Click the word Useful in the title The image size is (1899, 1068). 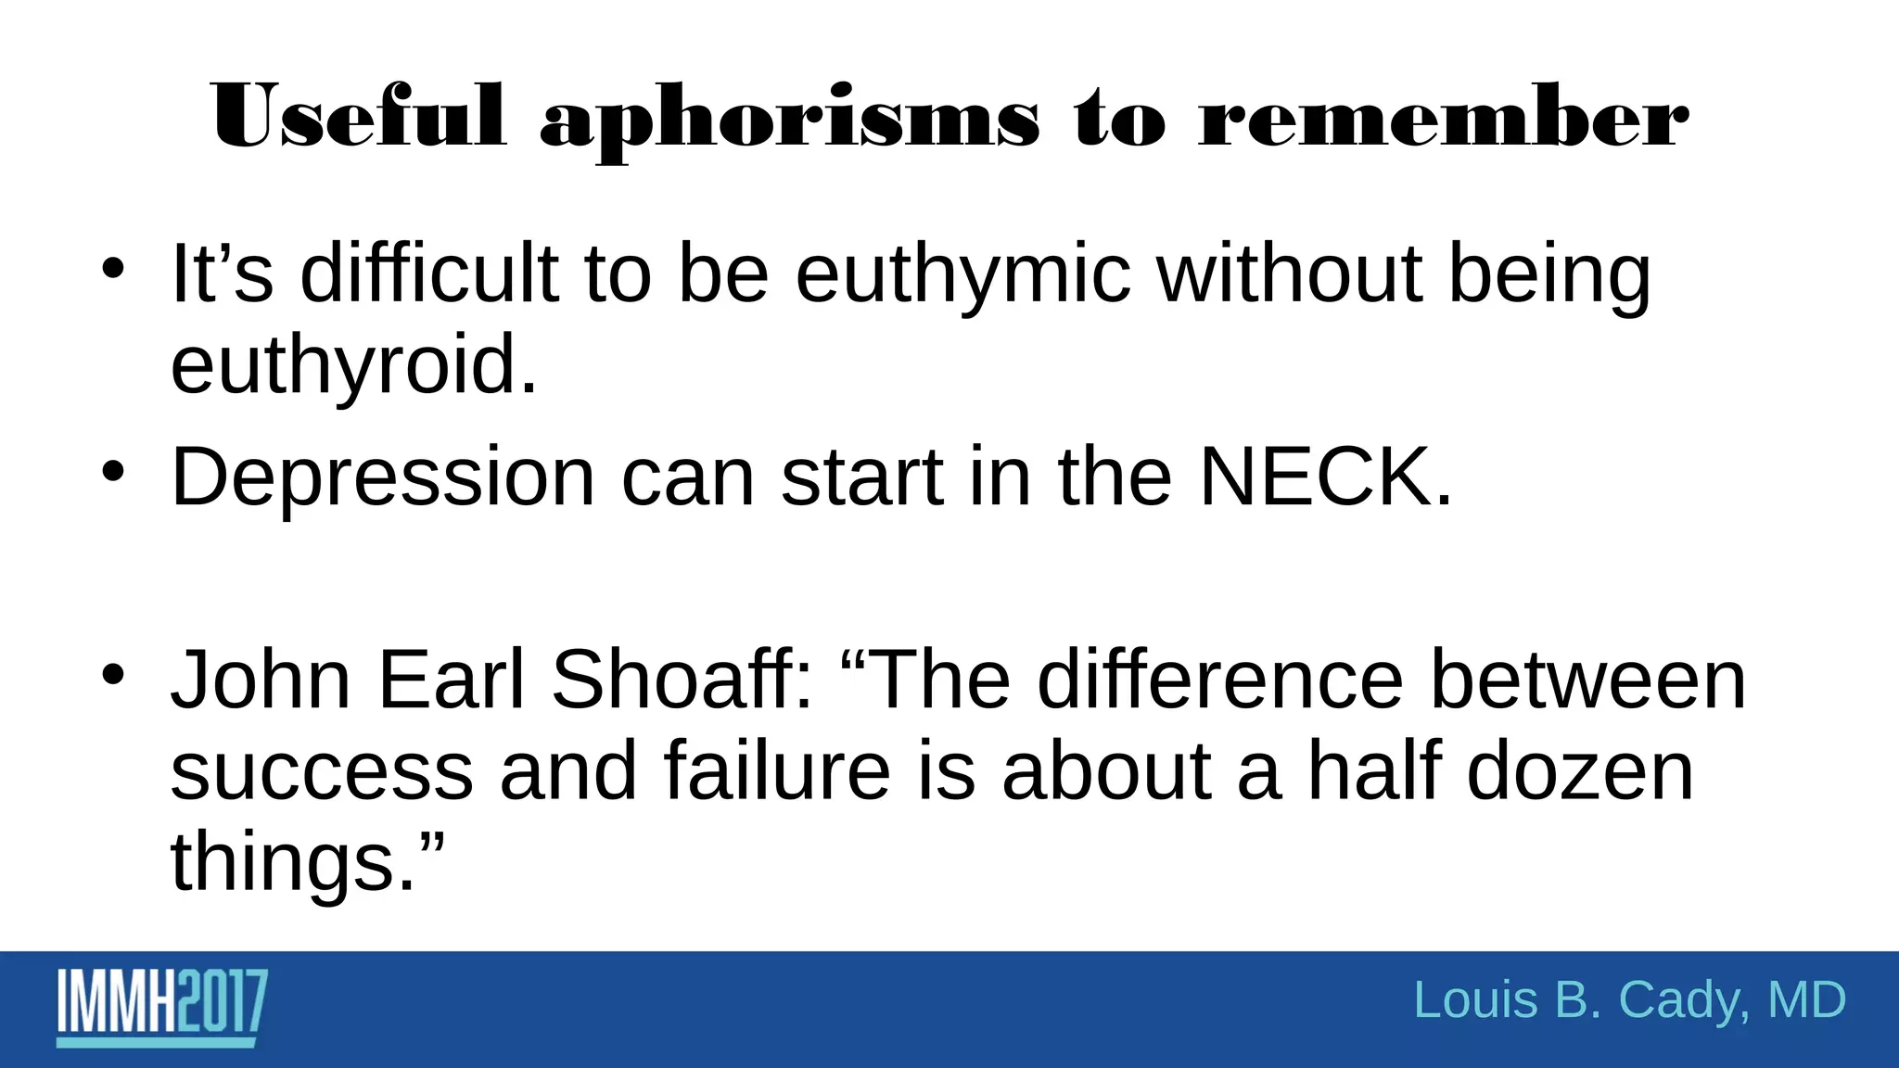point(358,118)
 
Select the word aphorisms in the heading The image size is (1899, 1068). point(789,121)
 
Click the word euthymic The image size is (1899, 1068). point(963,275)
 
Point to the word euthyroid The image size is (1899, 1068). point(353,366)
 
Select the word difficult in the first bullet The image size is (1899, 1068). point(429,273)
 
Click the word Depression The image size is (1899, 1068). point(382,477)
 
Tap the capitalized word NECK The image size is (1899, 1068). point(1325,477)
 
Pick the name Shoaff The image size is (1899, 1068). point(682,680)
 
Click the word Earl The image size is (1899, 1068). point(452,680)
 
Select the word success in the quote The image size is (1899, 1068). point(322,771)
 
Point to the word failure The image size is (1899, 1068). point(777,771)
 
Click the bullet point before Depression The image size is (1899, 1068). point(113,472)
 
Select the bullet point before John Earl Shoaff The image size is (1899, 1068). point(113,674)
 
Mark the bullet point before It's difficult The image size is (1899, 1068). point(113,269)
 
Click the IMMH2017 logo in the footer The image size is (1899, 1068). point(162,1007)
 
